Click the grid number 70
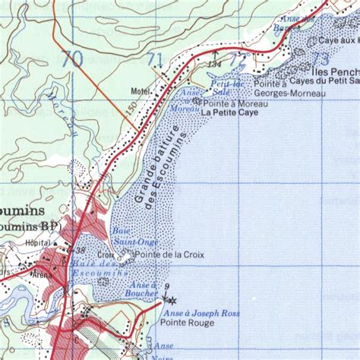pyautogui.click(x=73, y=58)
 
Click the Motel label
pyautogui.click(x=141, y=91)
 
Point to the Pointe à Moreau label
pyautogui.click(x=232, y=101)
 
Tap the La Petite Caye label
pyautogui.click(x=230, y=112)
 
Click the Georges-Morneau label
pyautogui.click(x=289, y=93)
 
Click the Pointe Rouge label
pyautogui.click(x=178, y=322)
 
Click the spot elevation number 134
pyautogui.click(x=215, y=65)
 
